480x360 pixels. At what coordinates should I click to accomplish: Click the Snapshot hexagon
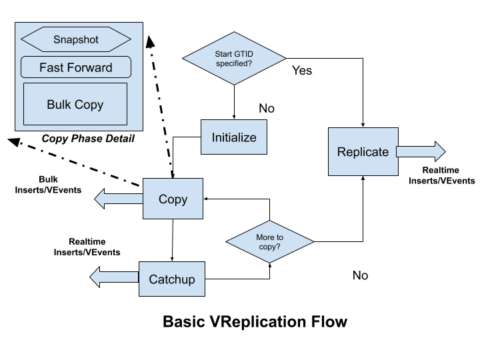(x=75, y=39)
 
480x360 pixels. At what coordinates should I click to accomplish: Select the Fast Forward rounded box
(x=75, y=67)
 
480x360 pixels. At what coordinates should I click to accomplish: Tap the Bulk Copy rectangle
(x=75, y=105)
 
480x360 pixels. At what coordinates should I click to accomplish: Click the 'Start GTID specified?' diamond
(x=234, y=59)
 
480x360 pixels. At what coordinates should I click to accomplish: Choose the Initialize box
(x=234, y=137)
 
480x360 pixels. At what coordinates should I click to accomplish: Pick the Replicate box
(x=363, y=152)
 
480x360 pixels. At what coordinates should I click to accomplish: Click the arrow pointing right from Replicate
(x=421, y=152)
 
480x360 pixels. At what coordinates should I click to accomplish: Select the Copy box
(x=173, y=199)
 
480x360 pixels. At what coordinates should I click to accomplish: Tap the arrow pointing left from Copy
(x=119, y=199)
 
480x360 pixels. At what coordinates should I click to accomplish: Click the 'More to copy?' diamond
(x=269, y=241)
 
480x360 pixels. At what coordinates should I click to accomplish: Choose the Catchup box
(x=172, y=279)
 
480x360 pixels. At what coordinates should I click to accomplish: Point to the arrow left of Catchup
(x=114, y=277)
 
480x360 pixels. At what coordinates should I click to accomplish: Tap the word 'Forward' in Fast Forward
(x=90, y=67)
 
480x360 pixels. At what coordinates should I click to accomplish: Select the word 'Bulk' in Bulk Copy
(x=58, y=105)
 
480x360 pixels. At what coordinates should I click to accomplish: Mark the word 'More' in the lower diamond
(x=265, y=237)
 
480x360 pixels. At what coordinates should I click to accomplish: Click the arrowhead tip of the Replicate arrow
(x=443, y=152)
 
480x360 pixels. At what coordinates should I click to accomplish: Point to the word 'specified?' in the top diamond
(x=234, y=63)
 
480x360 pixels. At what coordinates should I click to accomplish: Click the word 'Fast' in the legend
(x=51, y=67)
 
